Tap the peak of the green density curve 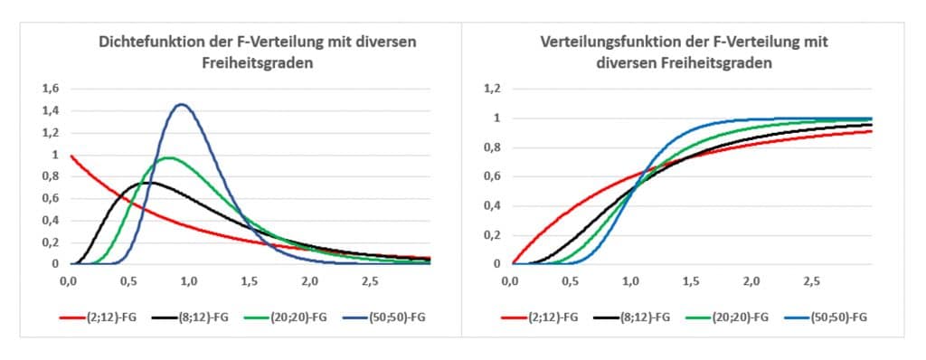point(168,157)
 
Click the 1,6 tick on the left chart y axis point(51,89)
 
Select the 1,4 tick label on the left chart point(51,110)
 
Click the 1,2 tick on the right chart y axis point(492,89)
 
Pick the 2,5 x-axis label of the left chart point(369,281)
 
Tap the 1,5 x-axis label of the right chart point(690,281)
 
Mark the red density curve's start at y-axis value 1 point(71,156)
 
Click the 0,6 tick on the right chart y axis point(492,176)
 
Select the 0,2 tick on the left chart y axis point(51,242)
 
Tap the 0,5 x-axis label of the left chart point(128,281)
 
